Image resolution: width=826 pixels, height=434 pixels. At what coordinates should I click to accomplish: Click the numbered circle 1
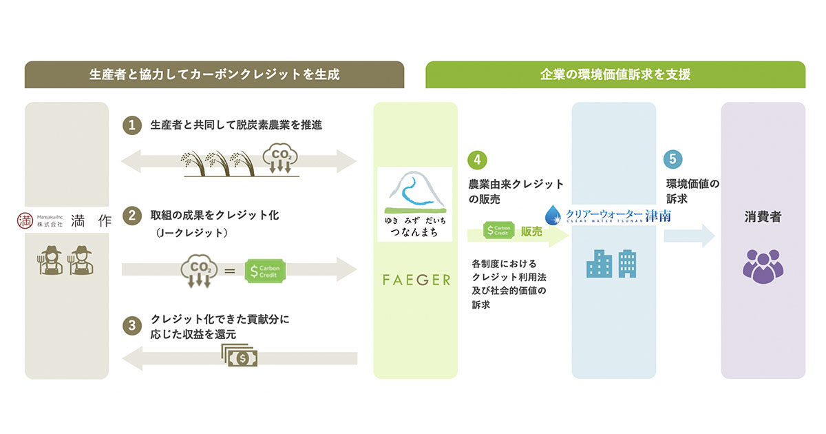coord(131,125)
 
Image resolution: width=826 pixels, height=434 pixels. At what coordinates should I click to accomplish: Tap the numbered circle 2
coord(131,216)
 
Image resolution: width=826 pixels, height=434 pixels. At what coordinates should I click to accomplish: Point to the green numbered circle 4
coord(477,159)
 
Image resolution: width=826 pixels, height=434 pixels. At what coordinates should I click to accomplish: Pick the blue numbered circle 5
coord(674,159)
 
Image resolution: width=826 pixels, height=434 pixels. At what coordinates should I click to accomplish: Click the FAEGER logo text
coord(416,280)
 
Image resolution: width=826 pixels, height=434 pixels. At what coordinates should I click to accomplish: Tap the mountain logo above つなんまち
coord(415,192)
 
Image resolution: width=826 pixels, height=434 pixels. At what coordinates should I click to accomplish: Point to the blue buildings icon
coord(610,263)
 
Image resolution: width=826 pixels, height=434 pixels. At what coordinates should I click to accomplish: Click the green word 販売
coord(531,232)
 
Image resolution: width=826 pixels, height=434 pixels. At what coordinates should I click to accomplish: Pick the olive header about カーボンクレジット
coord(214,74)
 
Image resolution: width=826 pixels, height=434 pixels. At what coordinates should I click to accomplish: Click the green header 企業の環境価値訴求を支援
coord(615,74)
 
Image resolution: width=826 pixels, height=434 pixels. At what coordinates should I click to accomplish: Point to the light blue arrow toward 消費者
coord(689,236)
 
